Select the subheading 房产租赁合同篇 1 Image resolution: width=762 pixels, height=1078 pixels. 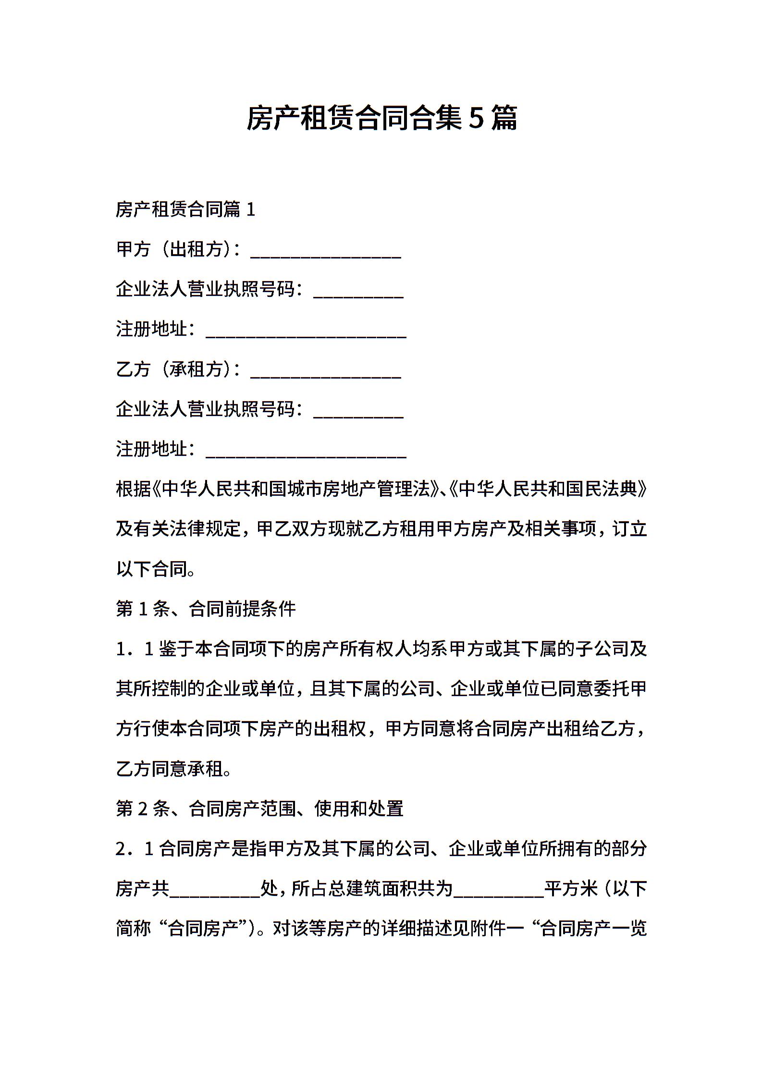pyautogui.click(x=185, y=209)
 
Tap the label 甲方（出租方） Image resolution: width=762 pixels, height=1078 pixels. pyautogui.click(x=175, y=249)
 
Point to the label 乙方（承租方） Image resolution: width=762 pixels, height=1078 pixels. pyautogui.click(x=175, y=369)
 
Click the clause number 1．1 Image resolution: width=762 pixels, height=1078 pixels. pyautogui.click(x=135, y=649)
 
